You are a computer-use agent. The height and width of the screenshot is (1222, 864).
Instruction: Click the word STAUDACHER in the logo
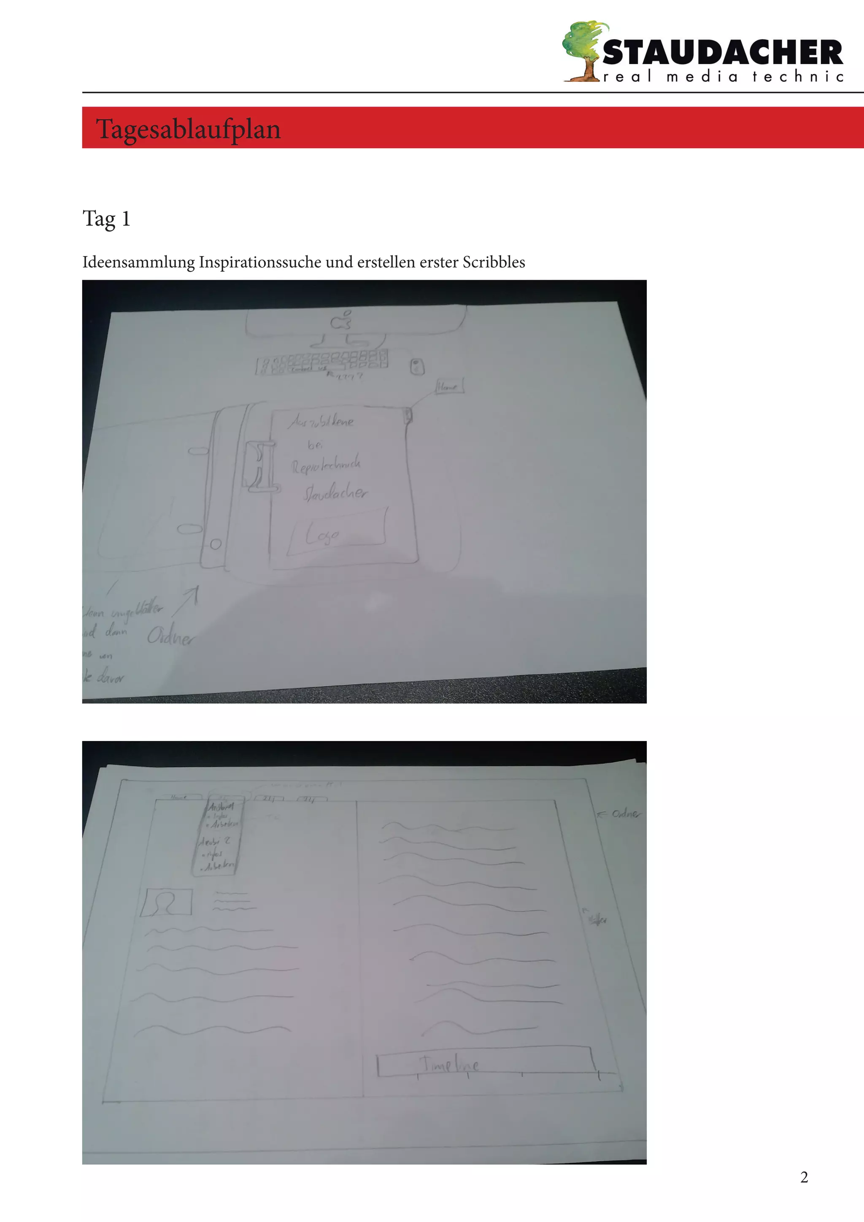click(722, 53)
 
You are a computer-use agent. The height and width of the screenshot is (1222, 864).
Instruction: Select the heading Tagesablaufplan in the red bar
click(188, 129)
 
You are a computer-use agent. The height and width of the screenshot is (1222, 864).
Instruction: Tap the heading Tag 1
click(106, 218)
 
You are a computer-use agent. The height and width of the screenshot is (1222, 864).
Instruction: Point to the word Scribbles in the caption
click(493, 262)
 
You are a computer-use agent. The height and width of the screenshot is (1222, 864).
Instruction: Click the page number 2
click(804, 1177)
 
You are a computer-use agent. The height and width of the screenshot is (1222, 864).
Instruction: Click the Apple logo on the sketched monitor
click(341, 321)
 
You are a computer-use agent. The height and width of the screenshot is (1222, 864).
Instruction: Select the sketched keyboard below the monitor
click(322, 362)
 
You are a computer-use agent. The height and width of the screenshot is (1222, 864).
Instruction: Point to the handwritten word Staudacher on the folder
click(335, 493)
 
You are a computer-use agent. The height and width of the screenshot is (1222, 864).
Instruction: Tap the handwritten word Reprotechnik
click(326, 465)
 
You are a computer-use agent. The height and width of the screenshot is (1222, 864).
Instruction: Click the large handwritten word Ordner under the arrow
click(171, 636)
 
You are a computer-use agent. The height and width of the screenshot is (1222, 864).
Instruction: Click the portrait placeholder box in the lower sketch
click(166, 903)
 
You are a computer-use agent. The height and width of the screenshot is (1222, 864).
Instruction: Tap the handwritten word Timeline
click(450, 1064)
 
